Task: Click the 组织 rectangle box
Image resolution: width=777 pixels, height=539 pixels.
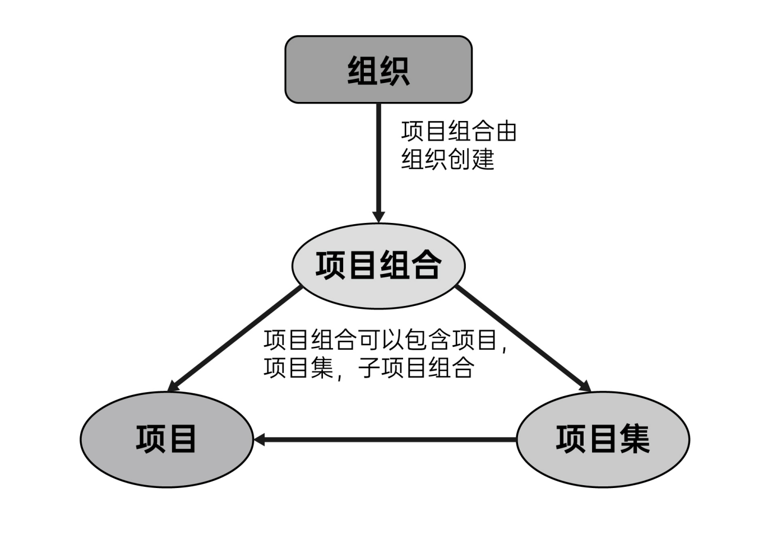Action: [378, 69]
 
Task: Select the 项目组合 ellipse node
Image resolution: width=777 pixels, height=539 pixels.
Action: [378, 266]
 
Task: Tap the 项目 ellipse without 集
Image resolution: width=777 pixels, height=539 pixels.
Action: [166, 439]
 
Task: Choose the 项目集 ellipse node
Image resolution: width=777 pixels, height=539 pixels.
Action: [603, 439]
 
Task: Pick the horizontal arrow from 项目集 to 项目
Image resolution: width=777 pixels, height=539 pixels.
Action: [387, 440]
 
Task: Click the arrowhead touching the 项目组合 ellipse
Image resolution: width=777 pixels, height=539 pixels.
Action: [379, 216]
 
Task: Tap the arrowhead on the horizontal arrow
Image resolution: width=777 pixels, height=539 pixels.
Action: [260, 440]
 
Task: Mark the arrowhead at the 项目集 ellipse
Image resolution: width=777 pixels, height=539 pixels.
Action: [585, 387]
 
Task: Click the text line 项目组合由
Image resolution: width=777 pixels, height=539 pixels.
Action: [459, 131]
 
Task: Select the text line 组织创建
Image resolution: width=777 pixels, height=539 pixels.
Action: [448, 159]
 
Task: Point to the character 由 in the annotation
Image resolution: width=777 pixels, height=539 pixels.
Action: [506, 131]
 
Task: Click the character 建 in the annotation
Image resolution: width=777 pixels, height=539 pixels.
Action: [483, 159]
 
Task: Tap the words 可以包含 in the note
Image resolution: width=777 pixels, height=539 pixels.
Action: [404, 340]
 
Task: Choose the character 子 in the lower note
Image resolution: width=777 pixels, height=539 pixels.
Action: [370, 368]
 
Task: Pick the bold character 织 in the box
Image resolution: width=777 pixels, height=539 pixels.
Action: [395, 71]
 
